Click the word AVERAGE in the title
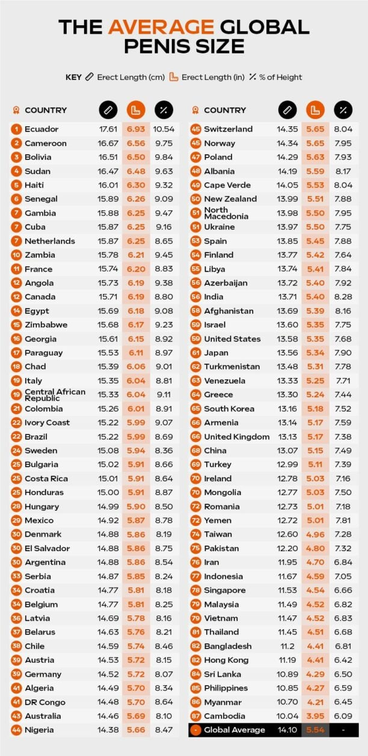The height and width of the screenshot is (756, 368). [161, 26]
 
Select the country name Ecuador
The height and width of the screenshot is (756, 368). [41, 129]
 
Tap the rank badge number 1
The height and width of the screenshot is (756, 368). [16, 129]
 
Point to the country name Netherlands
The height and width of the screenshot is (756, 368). [50, 241]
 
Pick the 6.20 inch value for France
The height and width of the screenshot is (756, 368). [136, 269]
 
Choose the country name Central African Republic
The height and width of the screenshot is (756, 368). [55, 395]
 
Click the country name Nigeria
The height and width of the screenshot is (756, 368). [39, 730]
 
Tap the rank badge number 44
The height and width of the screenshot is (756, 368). [16, 730]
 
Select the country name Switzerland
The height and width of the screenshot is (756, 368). [228, 129]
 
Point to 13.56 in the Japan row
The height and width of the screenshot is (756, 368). [287, 353]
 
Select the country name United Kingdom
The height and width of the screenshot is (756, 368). [237, 437]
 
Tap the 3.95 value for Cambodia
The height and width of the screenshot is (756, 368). [315, 716]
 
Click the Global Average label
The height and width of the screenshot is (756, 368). [235, 730]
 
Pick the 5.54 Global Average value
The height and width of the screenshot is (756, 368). [315, 730]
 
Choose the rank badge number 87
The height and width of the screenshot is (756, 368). [195, 716]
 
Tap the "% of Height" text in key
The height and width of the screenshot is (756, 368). [281, 77]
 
